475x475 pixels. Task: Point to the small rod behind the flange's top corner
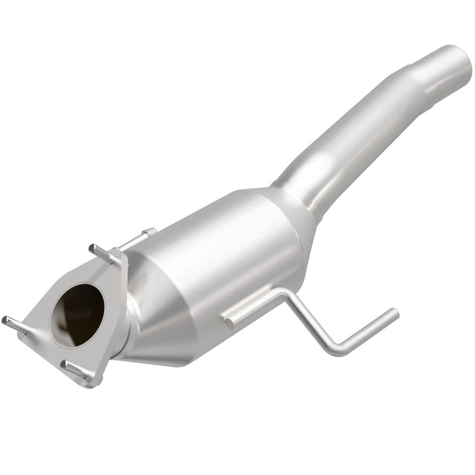click(140, 237)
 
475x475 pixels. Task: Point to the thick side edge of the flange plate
click(119, 305)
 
